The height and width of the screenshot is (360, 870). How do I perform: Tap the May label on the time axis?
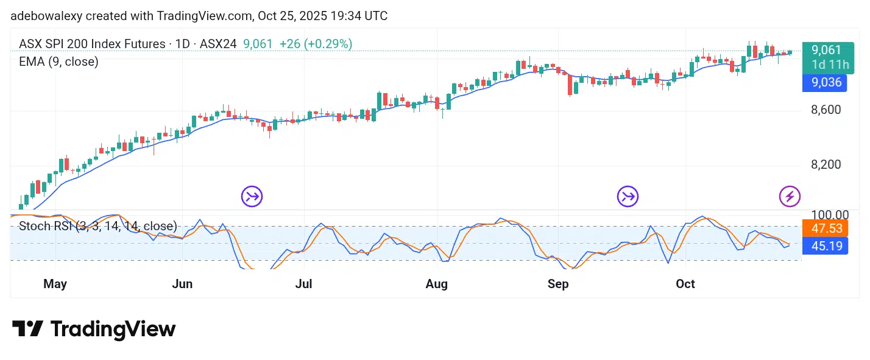[55, 284]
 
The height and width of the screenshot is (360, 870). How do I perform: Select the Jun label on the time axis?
[182, 284]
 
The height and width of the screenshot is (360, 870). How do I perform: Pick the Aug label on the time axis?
[437, 284]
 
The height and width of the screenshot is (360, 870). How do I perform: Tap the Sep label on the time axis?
[558, 284]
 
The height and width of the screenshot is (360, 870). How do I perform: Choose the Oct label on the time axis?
[685, 284]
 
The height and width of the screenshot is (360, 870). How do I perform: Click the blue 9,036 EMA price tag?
[825, 82]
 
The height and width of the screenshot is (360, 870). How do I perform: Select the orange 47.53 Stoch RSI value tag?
[825, 229]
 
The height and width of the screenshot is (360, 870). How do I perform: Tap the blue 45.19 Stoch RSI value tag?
[825, 246]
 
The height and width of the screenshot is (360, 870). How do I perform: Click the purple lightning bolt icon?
[790, 196]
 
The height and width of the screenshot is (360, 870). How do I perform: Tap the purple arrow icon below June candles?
[252, 196]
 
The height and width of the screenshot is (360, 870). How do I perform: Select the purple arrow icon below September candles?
[628, 196]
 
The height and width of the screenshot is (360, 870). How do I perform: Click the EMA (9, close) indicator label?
[58, 62]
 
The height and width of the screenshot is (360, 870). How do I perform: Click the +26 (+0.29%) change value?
[316, 44]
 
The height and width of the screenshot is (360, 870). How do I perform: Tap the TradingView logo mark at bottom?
[27, 330]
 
